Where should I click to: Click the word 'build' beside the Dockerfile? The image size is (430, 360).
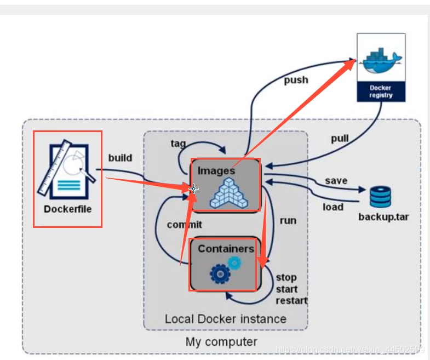pos(120,158)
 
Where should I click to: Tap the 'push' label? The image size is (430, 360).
pos(296,80)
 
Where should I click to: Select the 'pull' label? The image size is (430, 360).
pos(340,138)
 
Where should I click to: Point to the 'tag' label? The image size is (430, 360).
pos(178,144)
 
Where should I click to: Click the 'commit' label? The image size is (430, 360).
pos(184,224)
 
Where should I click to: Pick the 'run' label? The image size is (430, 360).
pos(288,220)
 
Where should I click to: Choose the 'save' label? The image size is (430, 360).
pos(336,180)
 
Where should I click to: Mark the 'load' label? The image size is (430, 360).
pos(332,207)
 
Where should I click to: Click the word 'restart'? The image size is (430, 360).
pos(291,300)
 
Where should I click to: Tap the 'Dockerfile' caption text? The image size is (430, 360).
pos(68,209)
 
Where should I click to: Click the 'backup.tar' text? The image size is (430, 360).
pos(383,216)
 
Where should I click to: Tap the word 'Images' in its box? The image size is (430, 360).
pos(216,170)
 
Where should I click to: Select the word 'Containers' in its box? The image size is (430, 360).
pos(226,248)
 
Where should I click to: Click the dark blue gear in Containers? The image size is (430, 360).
pos(220,273)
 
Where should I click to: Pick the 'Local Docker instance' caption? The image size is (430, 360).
pos(225,318)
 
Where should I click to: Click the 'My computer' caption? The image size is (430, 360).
pos(221,342)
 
